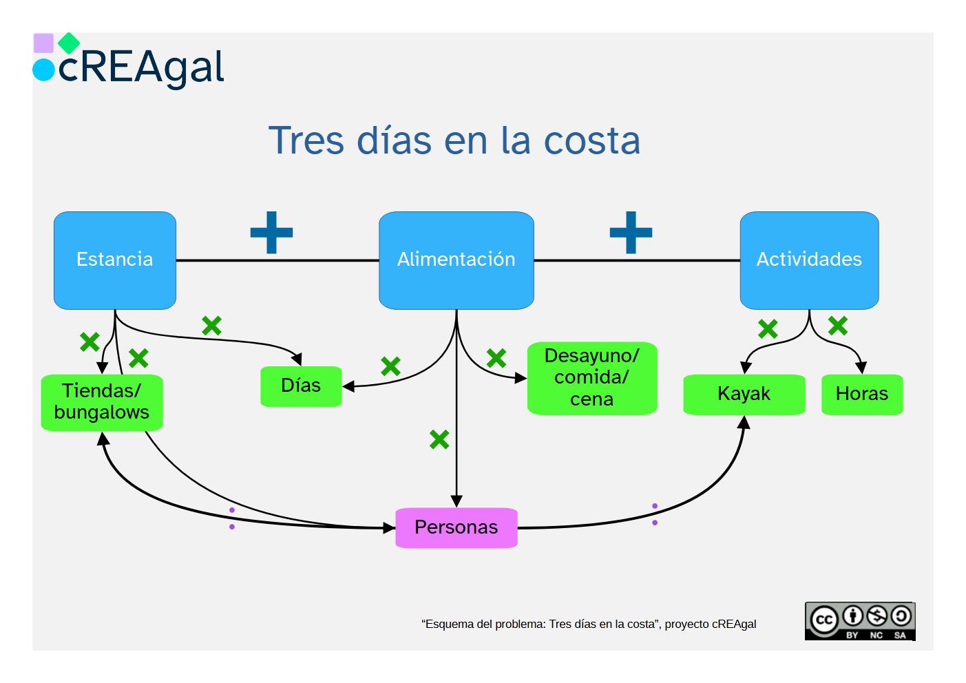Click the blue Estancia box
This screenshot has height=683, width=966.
pyautogui.click(x=115, y=260)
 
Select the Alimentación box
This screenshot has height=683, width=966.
pyautogui.click(x=456, y=260)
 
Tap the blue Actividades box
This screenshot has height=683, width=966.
pyautogui.click(x=809, y=260)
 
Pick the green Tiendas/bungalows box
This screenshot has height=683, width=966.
pyautogui.click(x=102, y=402)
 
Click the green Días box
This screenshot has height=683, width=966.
pyautogui.click(x=301, y=386)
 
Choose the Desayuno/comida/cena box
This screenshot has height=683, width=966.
pyautogui.click(x=592, y=378)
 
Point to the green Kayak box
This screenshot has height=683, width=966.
pyautogui.click(x=744, y=395)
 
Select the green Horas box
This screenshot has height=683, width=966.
pyautogui.click(x=862, y=395)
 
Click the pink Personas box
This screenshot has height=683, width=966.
pyautogui.click(x=456, y=528)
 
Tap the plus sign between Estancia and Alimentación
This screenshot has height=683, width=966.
pyautogui.click(x=271, y=232)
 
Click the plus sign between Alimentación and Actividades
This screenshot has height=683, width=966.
pyautogui.click(x=631, y=232)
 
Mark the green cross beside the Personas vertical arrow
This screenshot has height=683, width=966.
pyautogui.click(x=439, y=439)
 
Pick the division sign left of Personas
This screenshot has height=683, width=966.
pyautogui.click(x=232, y=518)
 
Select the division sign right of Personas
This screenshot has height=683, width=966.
pyautogui.click(x=654, y=514)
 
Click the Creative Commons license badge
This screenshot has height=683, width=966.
pyautogui.click(x=860, y=621)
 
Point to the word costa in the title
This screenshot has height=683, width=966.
pyautogui.click(x=592, y=141)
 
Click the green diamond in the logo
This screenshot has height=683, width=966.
pyautogui.click(x=69, y=43)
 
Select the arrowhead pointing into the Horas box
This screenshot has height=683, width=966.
pyautogui.click(x=861, y=368)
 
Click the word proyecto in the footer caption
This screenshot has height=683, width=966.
pyautogui.click(x=686, y=624)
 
